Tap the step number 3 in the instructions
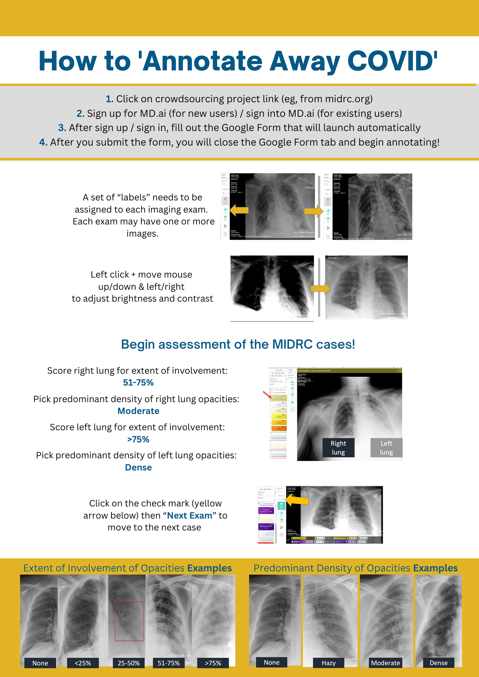(x=62, y=128)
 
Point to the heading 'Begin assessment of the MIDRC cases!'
(x=238, y=344)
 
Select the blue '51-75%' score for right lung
(x=138, y=383)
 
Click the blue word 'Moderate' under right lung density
(x=138, y=411)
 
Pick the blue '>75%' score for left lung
(x=138, y=439)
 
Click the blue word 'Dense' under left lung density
(x=138, y=467)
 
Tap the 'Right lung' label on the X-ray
(x=338, y=447)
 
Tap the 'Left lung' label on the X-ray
(x=386, y=447)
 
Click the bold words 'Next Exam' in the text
(x=190, y=516)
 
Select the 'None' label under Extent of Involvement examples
(x=40, y=663)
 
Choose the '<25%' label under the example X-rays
(x=83, y=663)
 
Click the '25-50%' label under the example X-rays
(x=129, y=663)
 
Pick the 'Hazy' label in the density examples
(x=329, y=663)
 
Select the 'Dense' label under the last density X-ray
(x=438, y=663)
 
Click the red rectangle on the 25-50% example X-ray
(x=129, y=621)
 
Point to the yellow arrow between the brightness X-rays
(x=320, y=288)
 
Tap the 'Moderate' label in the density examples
(x=385, y=663)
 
